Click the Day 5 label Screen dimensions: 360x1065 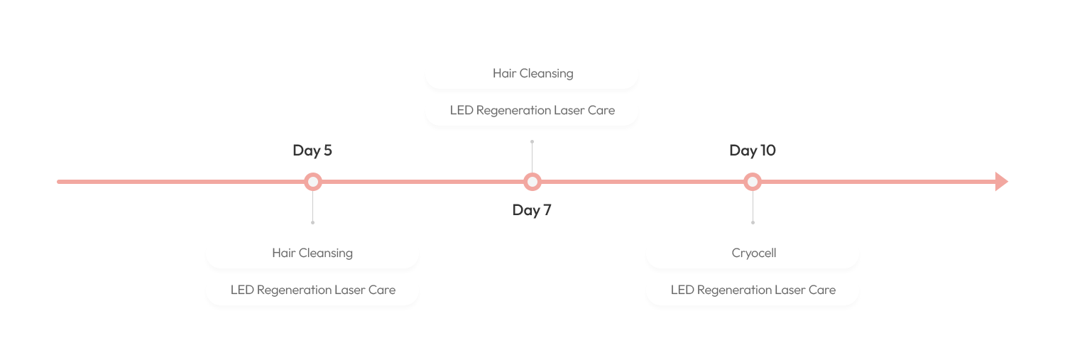[x=312, y=151]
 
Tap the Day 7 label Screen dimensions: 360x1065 [x=532, y=210]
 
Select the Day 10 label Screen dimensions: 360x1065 [x=753, y=151]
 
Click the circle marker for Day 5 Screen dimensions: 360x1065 [x=312, y=182]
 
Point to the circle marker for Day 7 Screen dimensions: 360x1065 [x=532, y=182]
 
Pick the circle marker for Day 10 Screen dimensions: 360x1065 [x=753, y=182]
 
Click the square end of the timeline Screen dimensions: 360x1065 [x=1001, y=182]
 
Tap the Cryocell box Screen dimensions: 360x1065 [x=753, y=253]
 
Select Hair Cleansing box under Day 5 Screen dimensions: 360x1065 [x=312, y=253]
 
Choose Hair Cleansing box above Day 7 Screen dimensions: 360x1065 [x=532, y=73]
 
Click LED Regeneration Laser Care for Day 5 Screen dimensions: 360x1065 [x=312, y=290]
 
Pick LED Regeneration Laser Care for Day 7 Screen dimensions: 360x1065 [x=532, y=110]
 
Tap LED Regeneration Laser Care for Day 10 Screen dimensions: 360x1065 [x=753, y=290]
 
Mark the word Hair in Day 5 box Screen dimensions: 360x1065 [x=283, y=253]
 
